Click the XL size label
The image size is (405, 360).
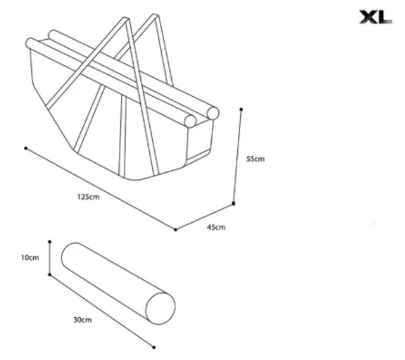376,17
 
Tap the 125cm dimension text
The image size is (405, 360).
89,197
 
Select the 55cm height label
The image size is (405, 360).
256,159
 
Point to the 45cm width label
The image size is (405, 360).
216,228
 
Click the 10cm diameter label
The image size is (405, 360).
30,258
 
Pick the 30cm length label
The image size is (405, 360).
83,320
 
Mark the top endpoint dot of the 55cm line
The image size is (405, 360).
241,109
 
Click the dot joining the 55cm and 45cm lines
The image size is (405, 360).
234,204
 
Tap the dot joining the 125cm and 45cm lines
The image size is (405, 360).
175,230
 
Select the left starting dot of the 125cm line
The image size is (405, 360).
26,148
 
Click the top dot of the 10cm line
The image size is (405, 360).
49,242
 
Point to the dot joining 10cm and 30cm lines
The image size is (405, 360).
49,274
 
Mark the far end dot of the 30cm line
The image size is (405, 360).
153,348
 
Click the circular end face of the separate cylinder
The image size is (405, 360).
161,308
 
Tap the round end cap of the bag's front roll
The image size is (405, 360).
190,121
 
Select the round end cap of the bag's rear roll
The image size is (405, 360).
213,113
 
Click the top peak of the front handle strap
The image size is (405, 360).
126,18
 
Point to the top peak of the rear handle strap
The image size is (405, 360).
155,15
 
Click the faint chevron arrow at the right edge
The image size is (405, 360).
374,222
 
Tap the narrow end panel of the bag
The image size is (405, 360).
199,141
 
